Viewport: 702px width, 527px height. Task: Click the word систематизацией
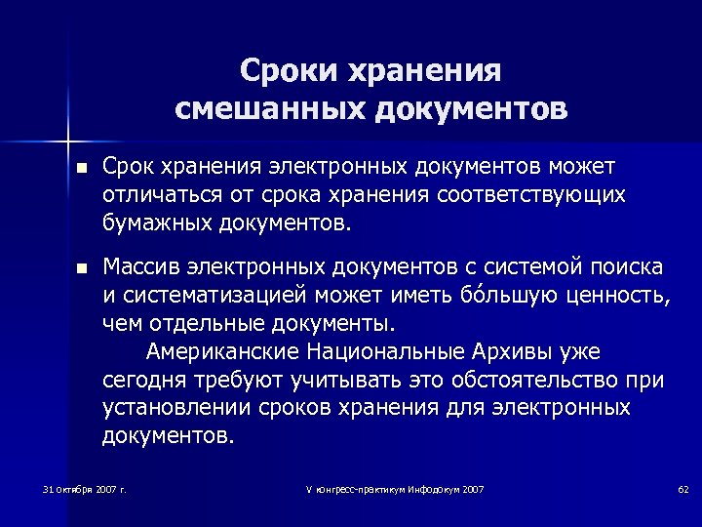click(x=225, y=295)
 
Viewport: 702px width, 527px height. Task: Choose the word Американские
click(x=223, y=351)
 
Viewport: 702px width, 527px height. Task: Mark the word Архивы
click(x=525, y=351)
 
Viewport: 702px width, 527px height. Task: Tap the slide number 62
click(x=682, y=487)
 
